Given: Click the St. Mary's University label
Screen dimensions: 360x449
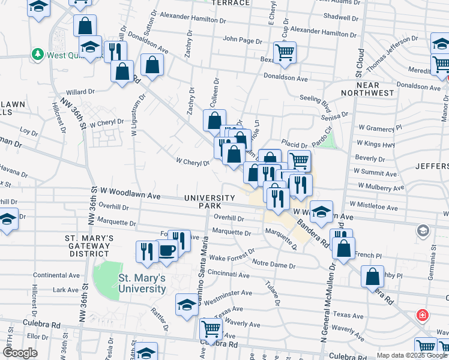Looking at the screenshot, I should [x=142, y=283].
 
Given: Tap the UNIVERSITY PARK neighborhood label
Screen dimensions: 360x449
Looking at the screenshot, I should [x=209, y=202].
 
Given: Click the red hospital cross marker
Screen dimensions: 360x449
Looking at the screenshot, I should [x=423, y=315].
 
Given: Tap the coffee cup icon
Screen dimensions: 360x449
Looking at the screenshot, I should [x=166, y=250].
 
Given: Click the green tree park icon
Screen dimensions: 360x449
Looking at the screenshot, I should [x=37, y=54].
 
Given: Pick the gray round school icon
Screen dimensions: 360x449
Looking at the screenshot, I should [x=423, y=231].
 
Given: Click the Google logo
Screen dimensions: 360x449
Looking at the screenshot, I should [x=20, y=353].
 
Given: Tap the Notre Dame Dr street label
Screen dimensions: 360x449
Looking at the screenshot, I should [x=274, y=264].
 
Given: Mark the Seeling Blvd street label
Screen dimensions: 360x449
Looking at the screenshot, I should [x=315, y=103].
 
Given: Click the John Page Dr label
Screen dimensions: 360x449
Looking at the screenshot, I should [x=241, y=39].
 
